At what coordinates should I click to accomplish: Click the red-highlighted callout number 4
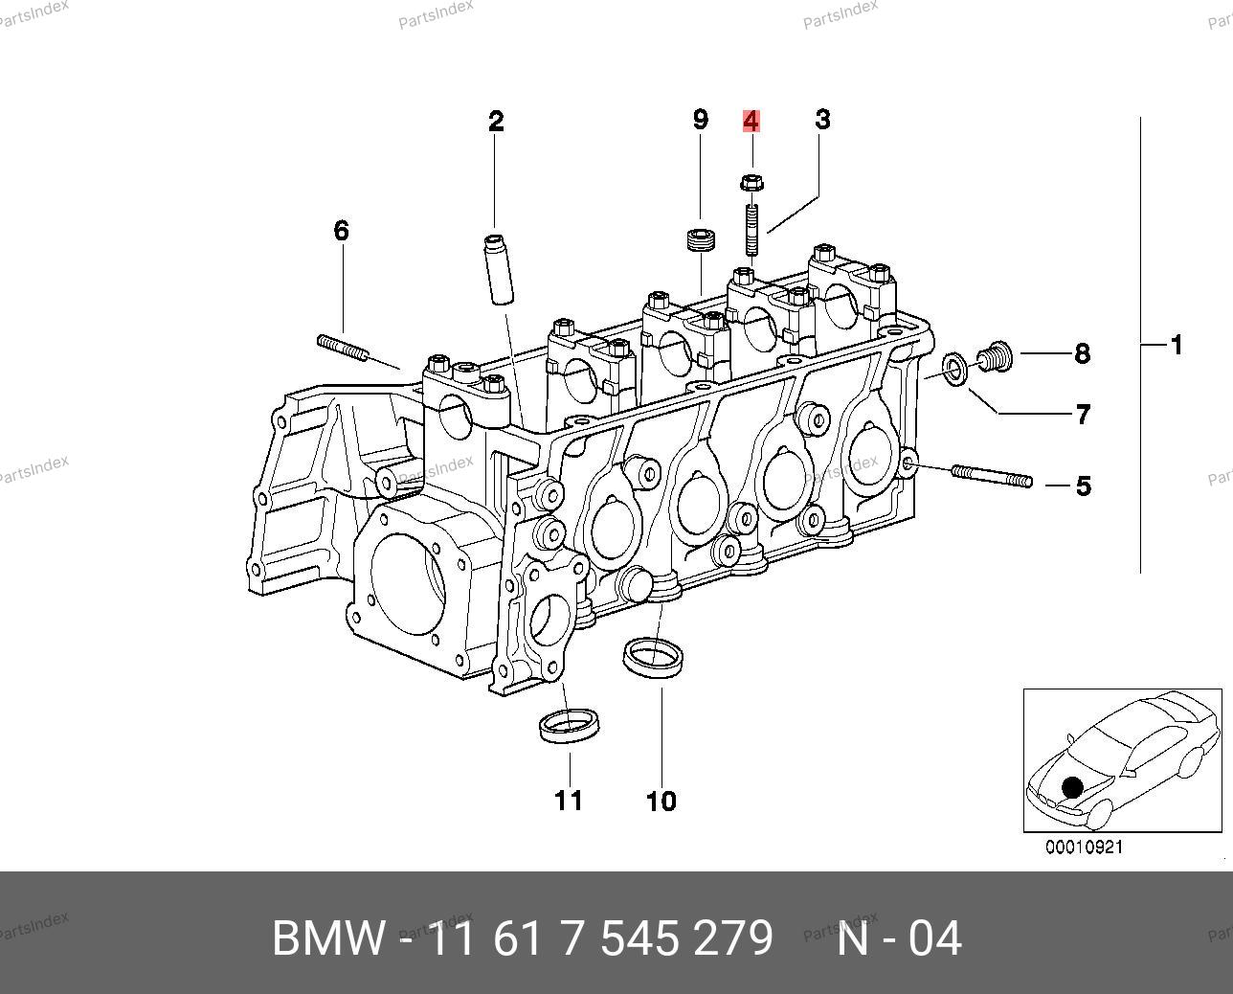751,121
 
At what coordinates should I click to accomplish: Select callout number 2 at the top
496,121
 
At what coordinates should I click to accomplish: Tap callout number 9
700,120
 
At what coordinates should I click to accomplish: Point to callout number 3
822,120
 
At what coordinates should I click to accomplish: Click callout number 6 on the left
342,231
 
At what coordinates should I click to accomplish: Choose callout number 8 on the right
1083,353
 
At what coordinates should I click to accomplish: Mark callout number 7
1083,414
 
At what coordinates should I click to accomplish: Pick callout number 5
1084,486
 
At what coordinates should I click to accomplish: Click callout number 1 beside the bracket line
1177,345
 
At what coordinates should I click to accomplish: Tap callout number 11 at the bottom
569,801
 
